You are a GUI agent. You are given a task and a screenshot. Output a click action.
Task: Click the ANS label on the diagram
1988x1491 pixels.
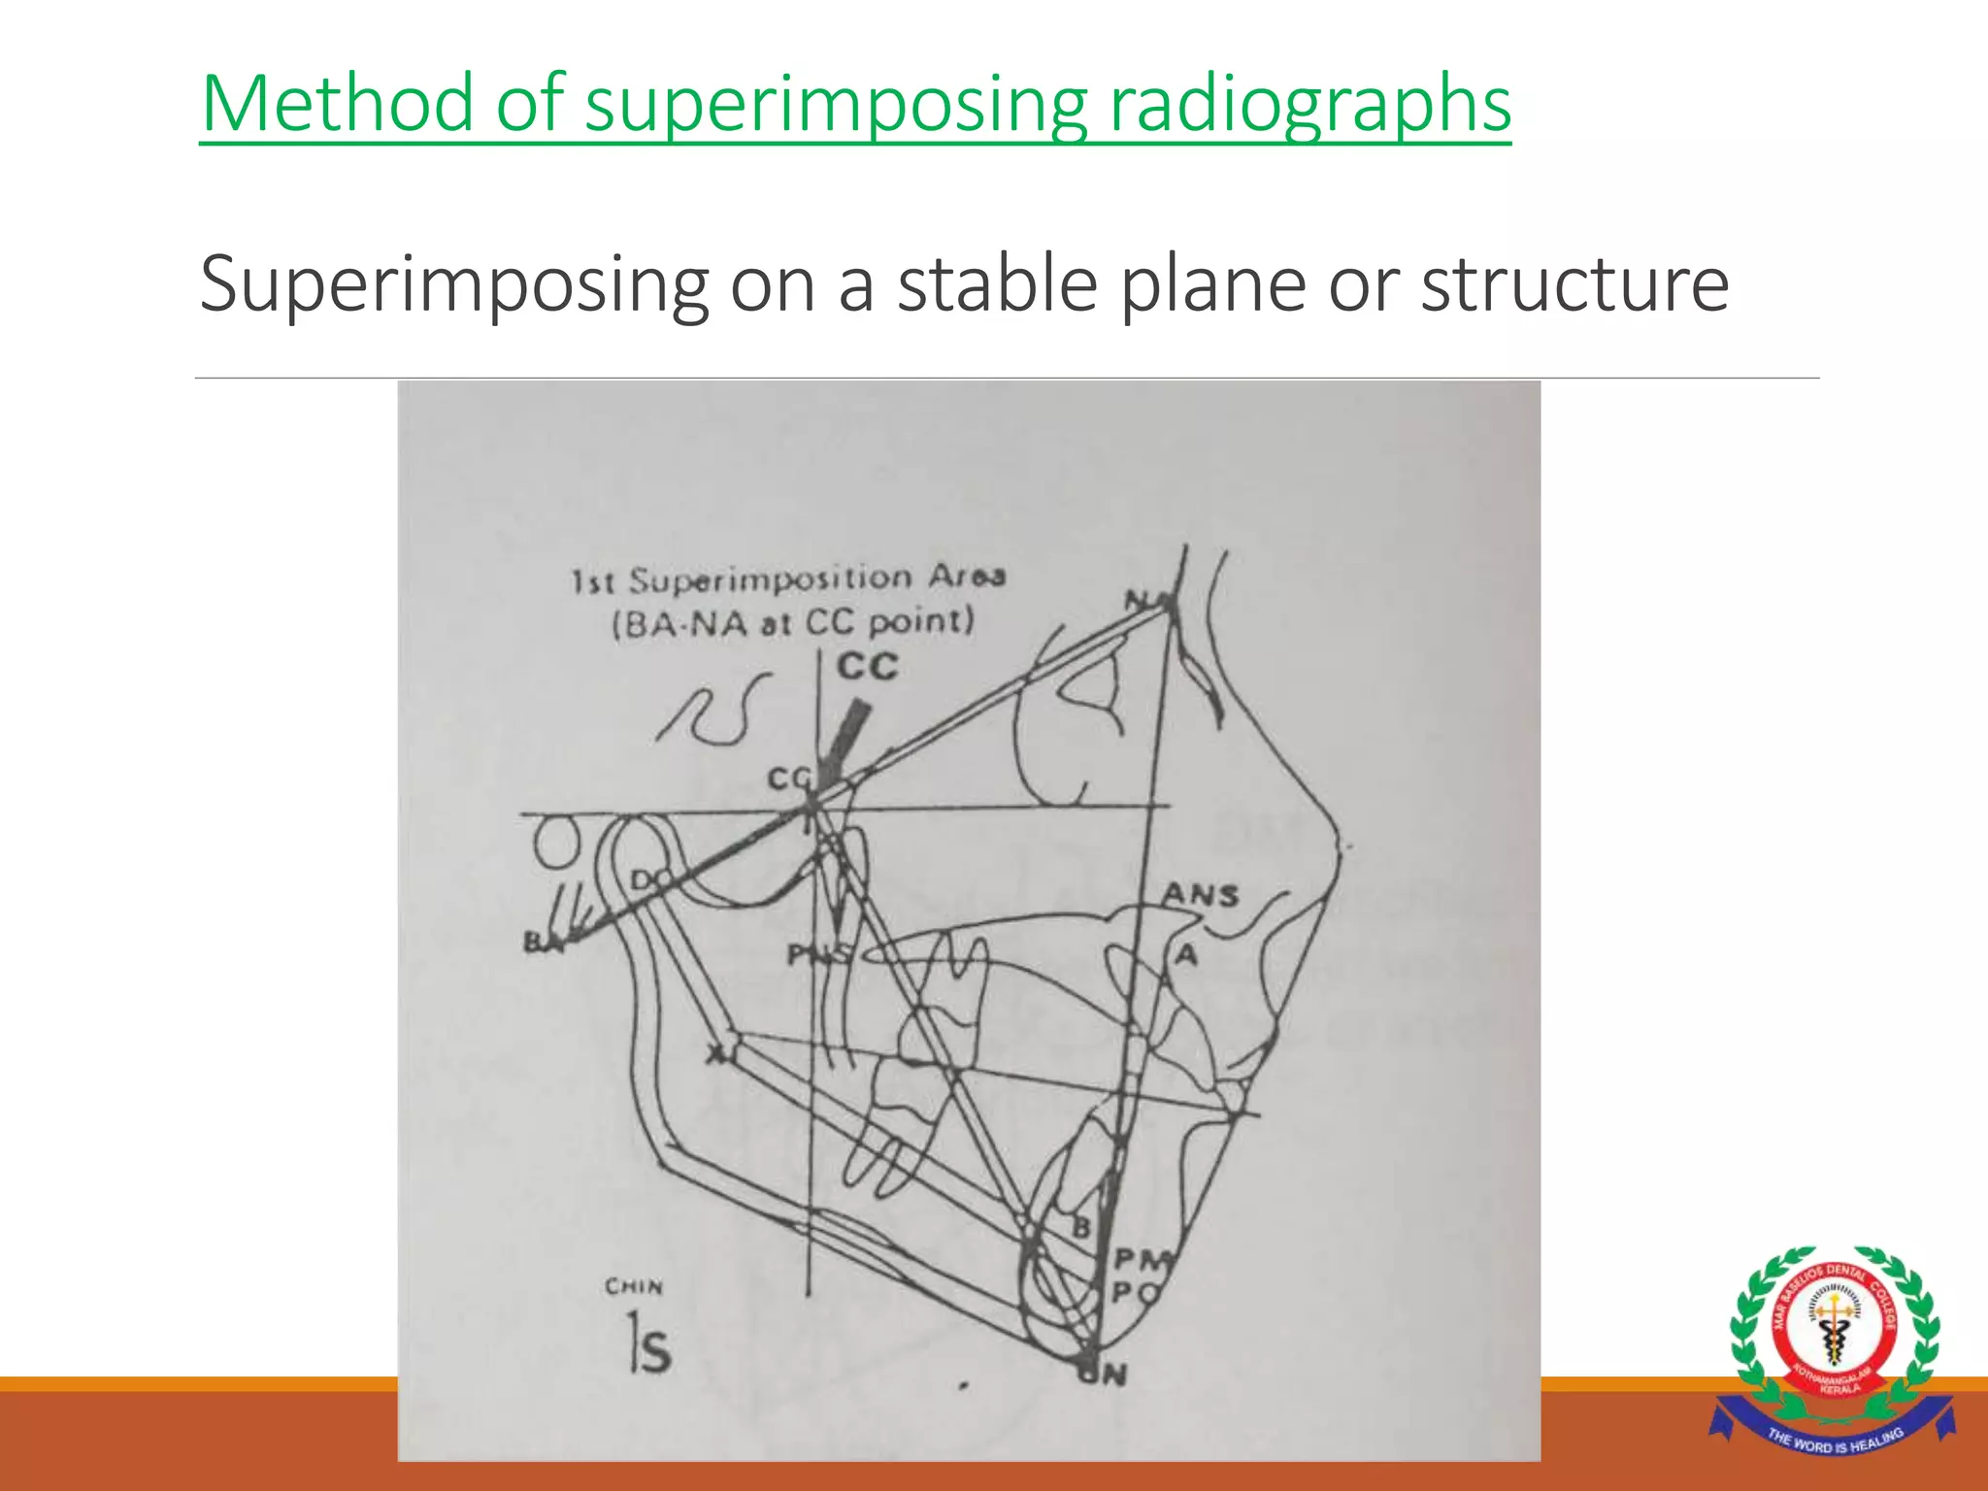click(1201, 894)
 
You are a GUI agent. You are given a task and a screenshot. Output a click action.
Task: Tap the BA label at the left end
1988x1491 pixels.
click(541, 942)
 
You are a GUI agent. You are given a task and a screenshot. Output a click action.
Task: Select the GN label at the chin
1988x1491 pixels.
click(1105, 1374)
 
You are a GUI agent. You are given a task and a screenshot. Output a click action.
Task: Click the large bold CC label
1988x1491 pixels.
click(868, 668)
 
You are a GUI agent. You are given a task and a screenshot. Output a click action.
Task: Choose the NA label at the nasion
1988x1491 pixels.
click(1145, 601)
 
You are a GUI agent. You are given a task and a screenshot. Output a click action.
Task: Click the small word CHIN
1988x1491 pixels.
click(634, 1287)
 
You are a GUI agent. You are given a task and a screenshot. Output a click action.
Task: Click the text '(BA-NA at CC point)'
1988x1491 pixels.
click(792, 621)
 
